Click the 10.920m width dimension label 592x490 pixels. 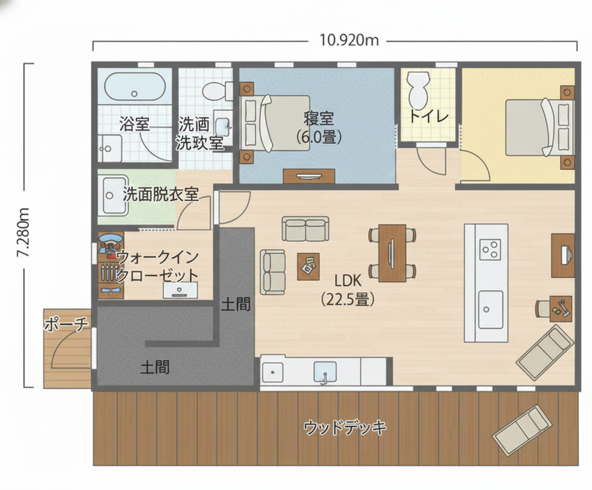pyautogui.click(x=349, y=40)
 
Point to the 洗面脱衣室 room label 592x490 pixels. pyautogui.click(x=160, y=194)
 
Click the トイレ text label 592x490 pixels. pyautogui.click(x=429, y=116)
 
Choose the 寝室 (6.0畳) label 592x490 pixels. pyautogui.click(x=319, y=127)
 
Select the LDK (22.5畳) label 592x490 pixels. pyautogui.click(x=347, y=291)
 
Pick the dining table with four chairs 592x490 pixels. pyautogui.click(x=392, y=253)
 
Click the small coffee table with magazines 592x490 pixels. pyautogui.click(x=308, y=266)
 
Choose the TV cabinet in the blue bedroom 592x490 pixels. pyautogui.click(x=309, y=176)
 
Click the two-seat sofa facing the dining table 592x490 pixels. pyautogui.click(x=305, y=229)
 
